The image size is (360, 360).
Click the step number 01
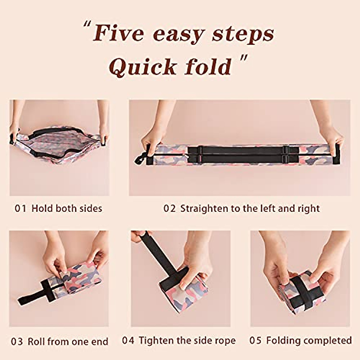20,208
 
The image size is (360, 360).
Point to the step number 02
169,208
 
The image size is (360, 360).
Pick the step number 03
17,341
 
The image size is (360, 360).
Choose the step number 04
128,340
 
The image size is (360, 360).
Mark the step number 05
255,340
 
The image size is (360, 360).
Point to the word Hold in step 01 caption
42,208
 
